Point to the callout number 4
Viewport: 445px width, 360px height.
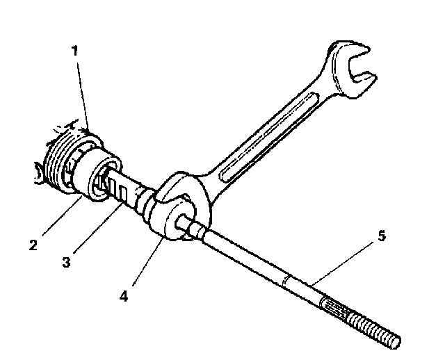123,295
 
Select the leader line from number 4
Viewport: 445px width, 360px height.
143,264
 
